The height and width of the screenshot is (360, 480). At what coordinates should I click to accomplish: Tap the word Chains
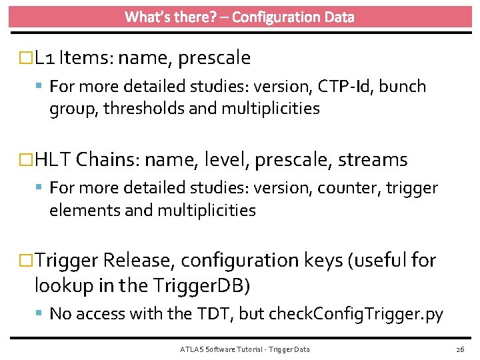click(107, 160)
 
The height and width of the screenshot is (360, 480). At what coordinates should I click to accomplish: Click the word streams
click(372, 160)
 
